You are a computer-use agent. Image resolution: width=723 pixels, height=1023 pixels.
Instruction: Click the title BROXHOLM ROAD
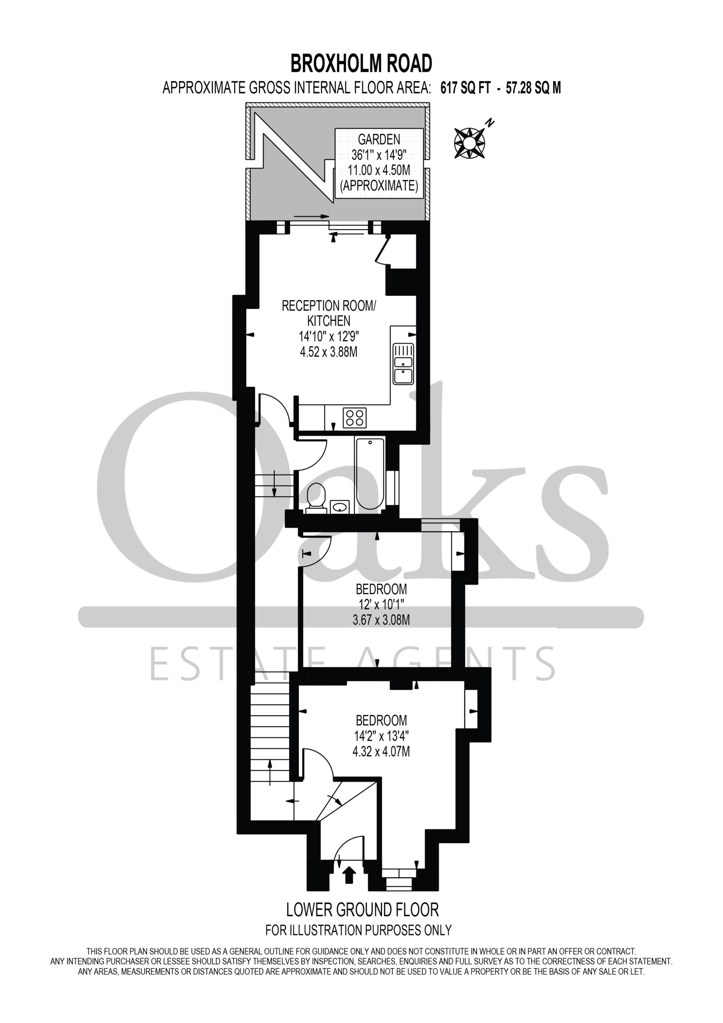pos(361,63)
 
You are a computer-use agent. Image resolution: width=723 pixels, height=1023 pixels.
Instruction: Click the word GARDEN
pos(379,139)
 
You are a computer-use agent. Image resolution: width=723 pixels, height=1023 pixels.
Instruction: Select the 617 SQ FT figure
pos(465,88)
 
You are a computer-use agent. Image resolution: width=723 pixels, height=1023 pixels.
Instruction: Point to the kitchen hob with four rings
pos(355,418)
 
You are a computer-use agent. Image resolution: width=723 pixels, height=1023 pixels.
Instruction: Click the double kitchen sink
pos(403,364)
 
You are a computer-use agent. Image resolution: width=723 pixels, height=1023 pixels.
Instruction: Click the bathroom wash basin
pos(340,507)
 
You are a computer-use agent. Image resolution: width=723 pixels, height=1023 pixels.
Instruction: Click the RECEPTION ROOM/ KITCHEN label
pos(329,313)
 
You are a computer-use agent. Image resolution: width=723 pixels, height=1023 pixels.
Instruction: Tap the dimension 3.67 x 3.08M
pos(381,620)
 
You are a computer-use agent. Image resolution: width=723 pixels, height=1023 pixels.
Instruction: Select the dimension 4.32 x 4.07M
pos(381,752)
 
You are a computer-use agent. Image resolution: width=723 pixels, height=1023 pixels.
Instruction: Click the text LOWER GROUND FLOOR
pos(362,910)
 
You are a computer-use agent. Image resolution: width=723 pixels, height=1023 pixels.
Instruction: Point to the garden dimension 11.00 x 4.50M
pos(379,170)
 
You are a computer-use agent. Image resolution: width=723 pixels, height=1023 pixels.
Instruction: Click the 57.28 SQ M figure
pos(533,88)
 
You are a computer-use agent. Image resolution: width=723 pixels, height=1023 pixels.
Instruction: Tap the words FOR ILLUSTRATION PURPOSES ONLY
pos(359,930)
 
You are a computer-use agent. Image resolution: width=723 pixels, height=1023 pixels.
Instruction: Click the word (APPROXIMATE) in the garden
pos(379,186)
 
